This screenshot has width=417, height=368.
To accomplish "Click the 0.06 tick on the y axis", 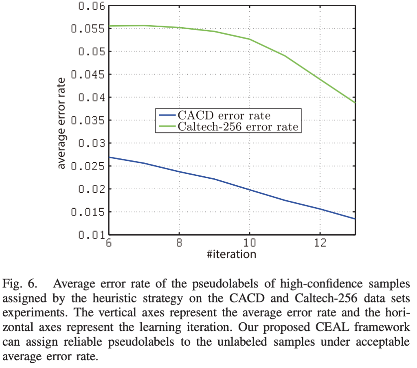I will point(88,6).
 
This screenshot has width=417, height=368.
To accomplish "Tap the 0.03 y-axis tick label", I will point(88,143).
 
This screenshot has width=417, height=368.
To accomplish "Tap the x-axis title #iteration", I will point(232,254).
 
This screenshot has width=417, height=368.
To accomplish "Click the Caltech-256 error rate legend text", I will point(238,127).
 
